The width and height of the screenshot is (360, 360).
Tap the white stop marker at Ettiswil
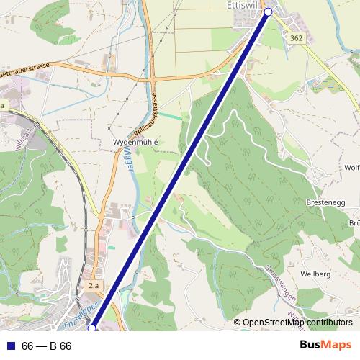(x=269, y=12)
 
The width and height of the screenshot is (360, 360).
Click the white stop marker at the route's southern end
(x=91, y=328)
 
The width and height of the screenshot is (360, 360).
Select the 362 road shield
(x=295, y=37)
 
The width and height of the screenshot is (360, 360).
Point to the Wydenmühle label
(x=135, y=143)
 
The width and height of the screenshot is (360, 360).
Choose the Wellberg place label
(x=316, y=274)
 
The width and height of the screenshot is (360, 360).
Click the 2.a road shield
(x=93, y=287)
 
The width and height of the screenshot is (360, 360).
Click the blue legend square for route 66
(x=9, y=346)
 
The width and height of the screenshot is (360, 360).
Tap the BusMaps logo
(x=325, y=346)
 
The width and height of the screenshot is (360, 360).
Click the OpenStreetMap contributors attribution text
(x=297, y=323)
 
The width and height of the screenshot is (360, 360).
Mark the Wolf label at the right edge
(x=351, y=168)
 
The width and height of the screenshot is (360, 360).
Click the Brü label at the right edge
(x=354, y=223)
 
